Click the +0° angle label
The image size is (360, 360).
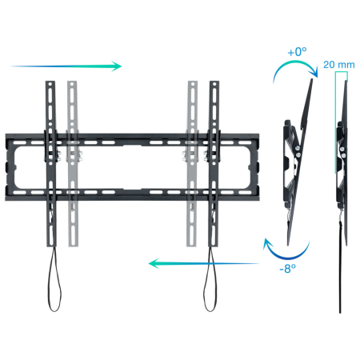tap(297, 51)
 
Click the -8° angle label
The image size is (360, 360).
tap(287, 269)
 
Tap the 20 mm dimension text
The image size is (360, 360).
tap(339, 65)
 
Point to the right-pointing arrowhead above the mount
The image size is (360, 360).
tap(117, 66)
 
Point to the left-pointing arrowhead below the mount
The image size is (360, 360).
tap(154, 263)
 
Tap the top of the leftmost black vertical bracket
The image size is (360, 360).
tap(50, 82)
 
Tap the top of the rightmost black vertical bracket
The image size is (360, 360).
tap(214, 82)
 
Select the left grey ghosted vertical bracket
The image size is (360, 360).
tap(72, 164)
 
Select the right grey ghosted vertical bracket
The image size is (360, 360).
tap(193, 164)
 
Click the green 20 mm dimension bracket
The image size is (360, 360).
tap(336, 120)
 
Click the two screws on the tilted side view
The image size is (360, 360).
tap(298, 151)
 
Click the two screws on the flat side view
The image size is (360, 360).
tap(343, 152)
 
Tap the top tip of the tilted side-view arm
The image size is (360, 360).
tap(312, 79)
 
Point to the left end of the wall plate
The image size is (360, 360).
tap(6, 167)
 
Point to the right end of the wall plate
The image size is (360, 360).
tap(258, 167)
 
